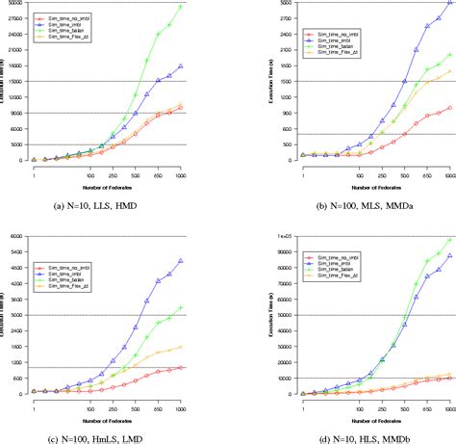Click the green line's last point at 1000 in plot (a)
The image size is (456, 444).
[181, 7]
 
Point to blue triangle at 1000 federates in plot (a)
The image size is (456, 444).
[181, 66]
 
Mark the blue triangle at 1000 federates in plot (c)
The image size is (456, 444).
[181, 261]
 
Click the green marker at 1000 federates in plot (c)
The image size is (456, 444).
[181, 308]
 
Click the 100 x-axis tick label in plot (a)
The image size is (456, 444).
[90, 175]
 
